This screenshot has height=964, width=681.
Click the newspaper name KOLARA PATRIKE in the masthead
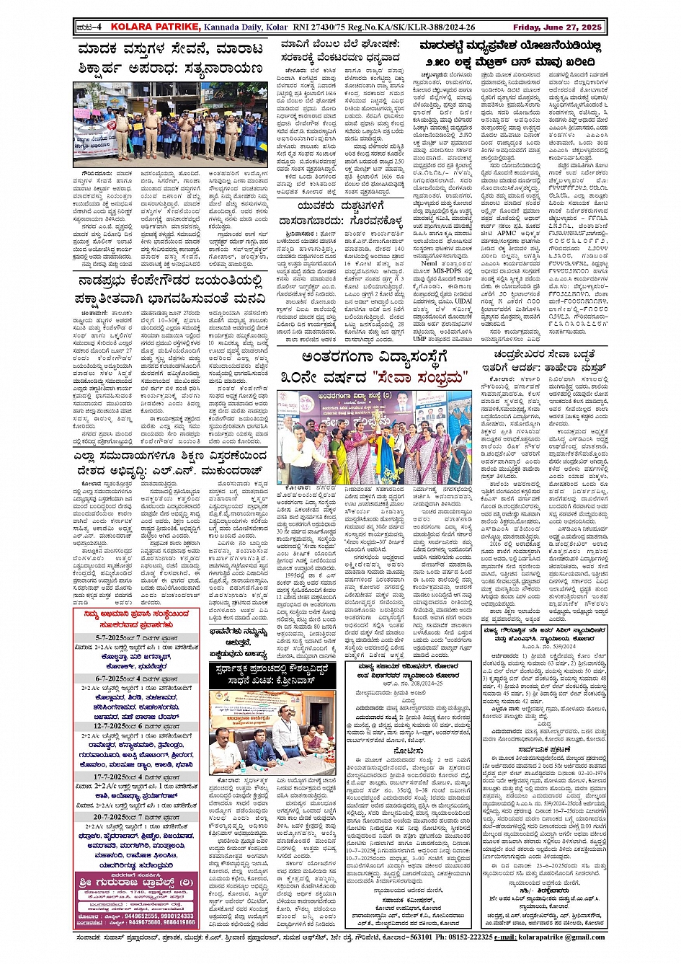(145, 27)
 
